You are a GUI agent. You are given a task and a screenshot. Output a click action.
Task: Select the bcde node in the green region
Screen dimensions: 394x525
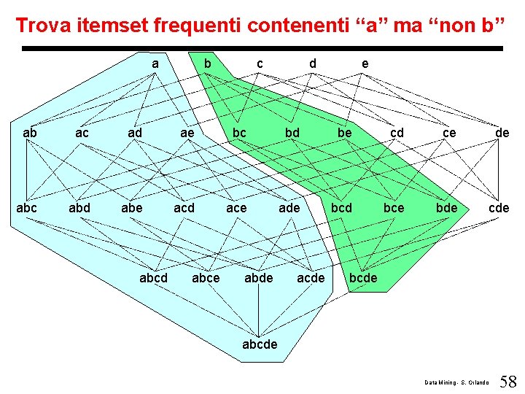coord(363,278)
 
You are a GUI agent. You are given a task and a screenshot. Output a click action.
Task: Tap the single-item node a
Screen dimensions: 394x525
coord(155,64)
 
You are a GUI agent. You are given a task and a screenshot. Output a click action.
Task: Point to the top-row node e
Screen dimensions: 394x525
coord(365,64)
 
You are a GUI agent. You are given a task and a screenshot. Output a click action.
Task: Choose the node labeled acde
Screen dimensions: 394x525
coord(311,278)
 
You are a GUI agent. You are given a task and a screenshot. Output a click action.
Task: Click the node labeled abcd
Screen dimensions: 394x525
coord(154,278)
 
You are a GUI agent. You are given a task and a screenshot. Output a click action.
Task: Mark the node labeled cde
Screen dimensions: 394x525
coord(499,208)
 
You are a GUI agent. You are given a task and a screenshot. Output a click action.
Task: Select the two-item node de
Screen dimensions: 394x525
coord(502,133)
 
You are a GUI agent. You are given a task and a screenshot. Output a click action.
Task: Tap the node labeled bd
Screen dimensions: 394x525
coord(292,133)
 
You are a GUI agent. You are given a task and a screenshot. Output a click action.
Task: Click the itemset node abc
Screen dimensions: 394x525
coord(26,208)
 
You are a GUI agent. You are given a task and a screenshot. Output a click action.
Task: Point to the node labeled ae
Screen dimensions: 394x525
coord(187,133)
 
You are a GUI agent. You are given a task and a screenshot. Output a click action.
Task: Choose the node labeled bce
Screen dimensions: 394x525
coord(393,208)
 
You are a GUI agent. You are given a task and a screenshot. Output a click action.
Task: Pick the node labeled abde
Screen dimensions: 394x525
coord(259,278)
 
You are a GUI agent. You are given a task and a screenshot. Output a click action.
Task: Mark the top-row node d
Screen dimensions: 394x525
coord(313,64)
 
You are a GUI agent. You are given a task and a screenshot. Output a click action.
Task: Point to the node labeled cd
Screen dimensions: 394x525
coord(397,133)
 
